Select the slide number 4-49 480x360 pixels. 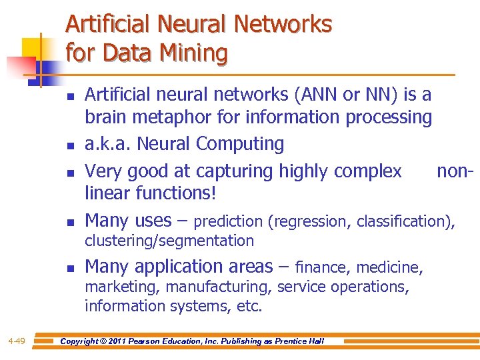[17, 341]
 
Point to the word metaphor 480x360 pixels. [171, 117]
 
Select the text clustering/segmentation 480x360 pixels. [169, 241]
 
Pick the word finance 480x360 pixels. [323, 268]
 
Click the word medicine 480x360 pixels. [389, 268]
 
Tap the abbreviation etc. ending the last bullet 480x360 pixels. [253, 307]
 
